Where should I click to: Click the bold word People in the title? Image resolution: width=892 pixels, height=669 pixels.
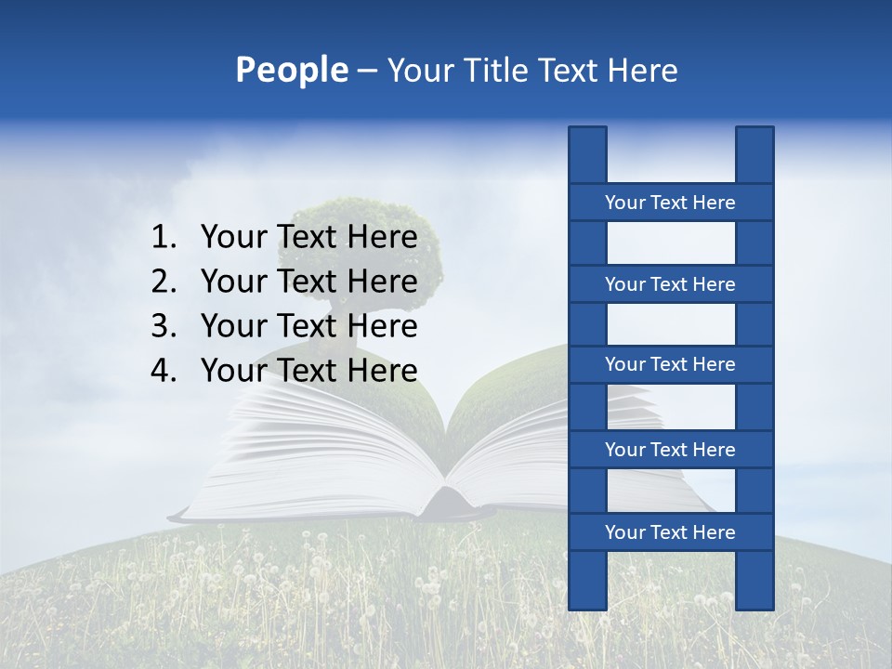[x=291, y=70]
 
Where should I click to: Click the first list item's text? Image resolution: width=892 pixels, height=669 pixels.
[x=308, y=237]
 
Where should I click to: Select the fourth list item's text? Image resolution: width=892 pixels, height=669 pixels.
[x=308, y=370]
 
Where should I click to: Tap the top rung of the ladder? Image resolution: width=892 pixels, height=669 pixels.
[x=670, y=202]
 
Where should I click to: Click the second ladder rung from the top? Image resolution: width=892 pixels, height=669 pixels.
[x=670, y=283]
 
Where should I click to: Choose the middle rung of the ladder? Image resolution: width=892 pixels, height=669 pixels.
[x=670, y=364]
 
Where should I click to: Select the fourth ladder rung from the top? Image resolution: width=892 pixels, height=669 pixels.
[x=670, y=449]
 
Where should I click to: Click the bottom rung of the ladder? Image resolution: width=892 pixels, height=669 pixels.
[x=670, y=531]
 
